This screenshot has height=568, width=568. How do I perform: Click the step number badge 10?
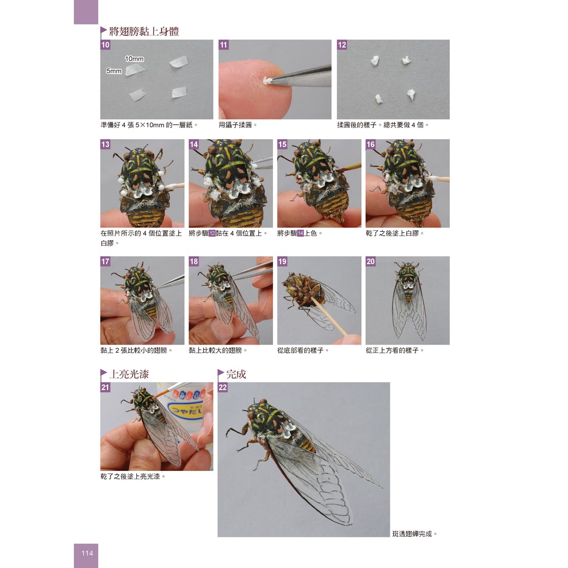(x=105, y=45)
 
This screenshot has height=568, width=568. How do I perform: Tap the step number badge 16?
(x=371, y=144)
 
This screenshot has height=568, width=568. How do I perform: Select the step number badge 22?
(x=223, y=387)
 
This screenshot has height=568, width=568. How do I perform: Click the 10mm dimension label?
(x=134, y=59)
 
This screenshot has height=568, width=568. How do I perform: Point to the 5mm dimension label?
(x=114, y=70)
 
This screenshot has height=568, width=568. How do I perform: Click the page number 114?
(x=87, y=553)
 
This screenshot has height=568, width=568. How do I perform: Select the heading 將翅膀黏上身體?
(x=144, y=32)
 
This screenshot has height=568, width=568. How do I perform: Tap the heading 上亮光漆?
(x=129, y=374)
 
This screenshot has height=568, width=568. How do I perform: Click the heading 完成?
(x=236, y=374)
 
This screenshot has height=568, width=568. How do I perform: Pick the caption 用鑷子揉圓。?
(x=238, y=125)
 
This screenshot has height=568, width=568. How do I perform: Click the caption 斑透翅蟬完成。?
(x=415, y=534)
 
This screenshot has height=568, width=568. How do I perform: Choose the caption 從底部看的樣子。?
(x=303, y=351)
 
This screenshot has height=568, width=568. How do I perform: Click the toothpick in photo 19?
(x=328, y=316)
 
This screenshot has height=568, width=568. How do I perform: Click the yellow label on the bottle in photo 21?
(x=187, y=410)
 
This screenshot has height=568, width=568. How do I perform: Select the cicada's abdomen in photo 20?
(x=409, y=296)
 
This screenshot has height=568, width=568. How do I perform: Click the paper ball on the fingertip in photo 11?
(x=267, y=81)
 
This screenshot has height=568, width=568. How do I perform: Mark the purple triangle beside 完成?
(x=221, y=373)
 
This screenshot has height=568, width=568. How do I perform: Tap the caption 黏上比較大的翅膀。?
(x=218, y=351)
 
